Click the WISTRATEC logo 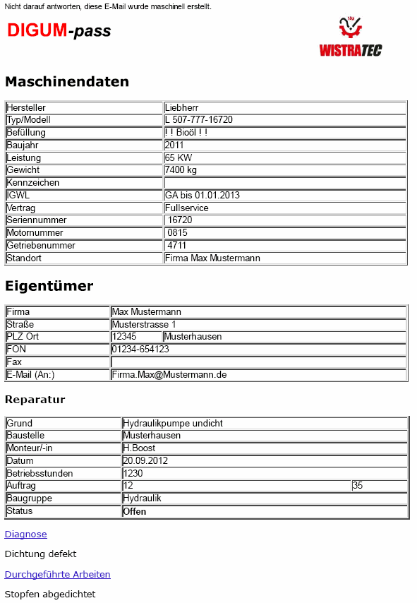[351, 37]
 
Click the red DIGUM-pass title [59, 30]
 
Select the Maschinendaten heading [67, 81]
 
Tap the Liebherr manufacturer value [181, 107]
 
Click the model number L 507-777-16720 [199, 120]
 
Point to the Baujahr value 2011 [174, 145]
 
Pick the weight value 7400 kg [181, 170]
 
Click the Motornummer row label [35, 233]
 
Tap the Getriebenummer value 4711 [177, 245]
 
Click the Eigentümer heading [49, 286]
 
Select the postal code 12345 [124, 337]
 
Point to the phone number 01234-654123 [140, 349]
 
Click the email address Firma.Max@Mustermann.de [169, 374]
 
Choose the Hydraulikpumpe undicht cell [173, 423]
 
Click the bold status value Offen [135, 511]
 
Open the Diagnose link [25, 535]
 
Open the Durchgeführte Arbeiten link [57, 575]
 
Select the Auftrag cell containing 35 [358, 486]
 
